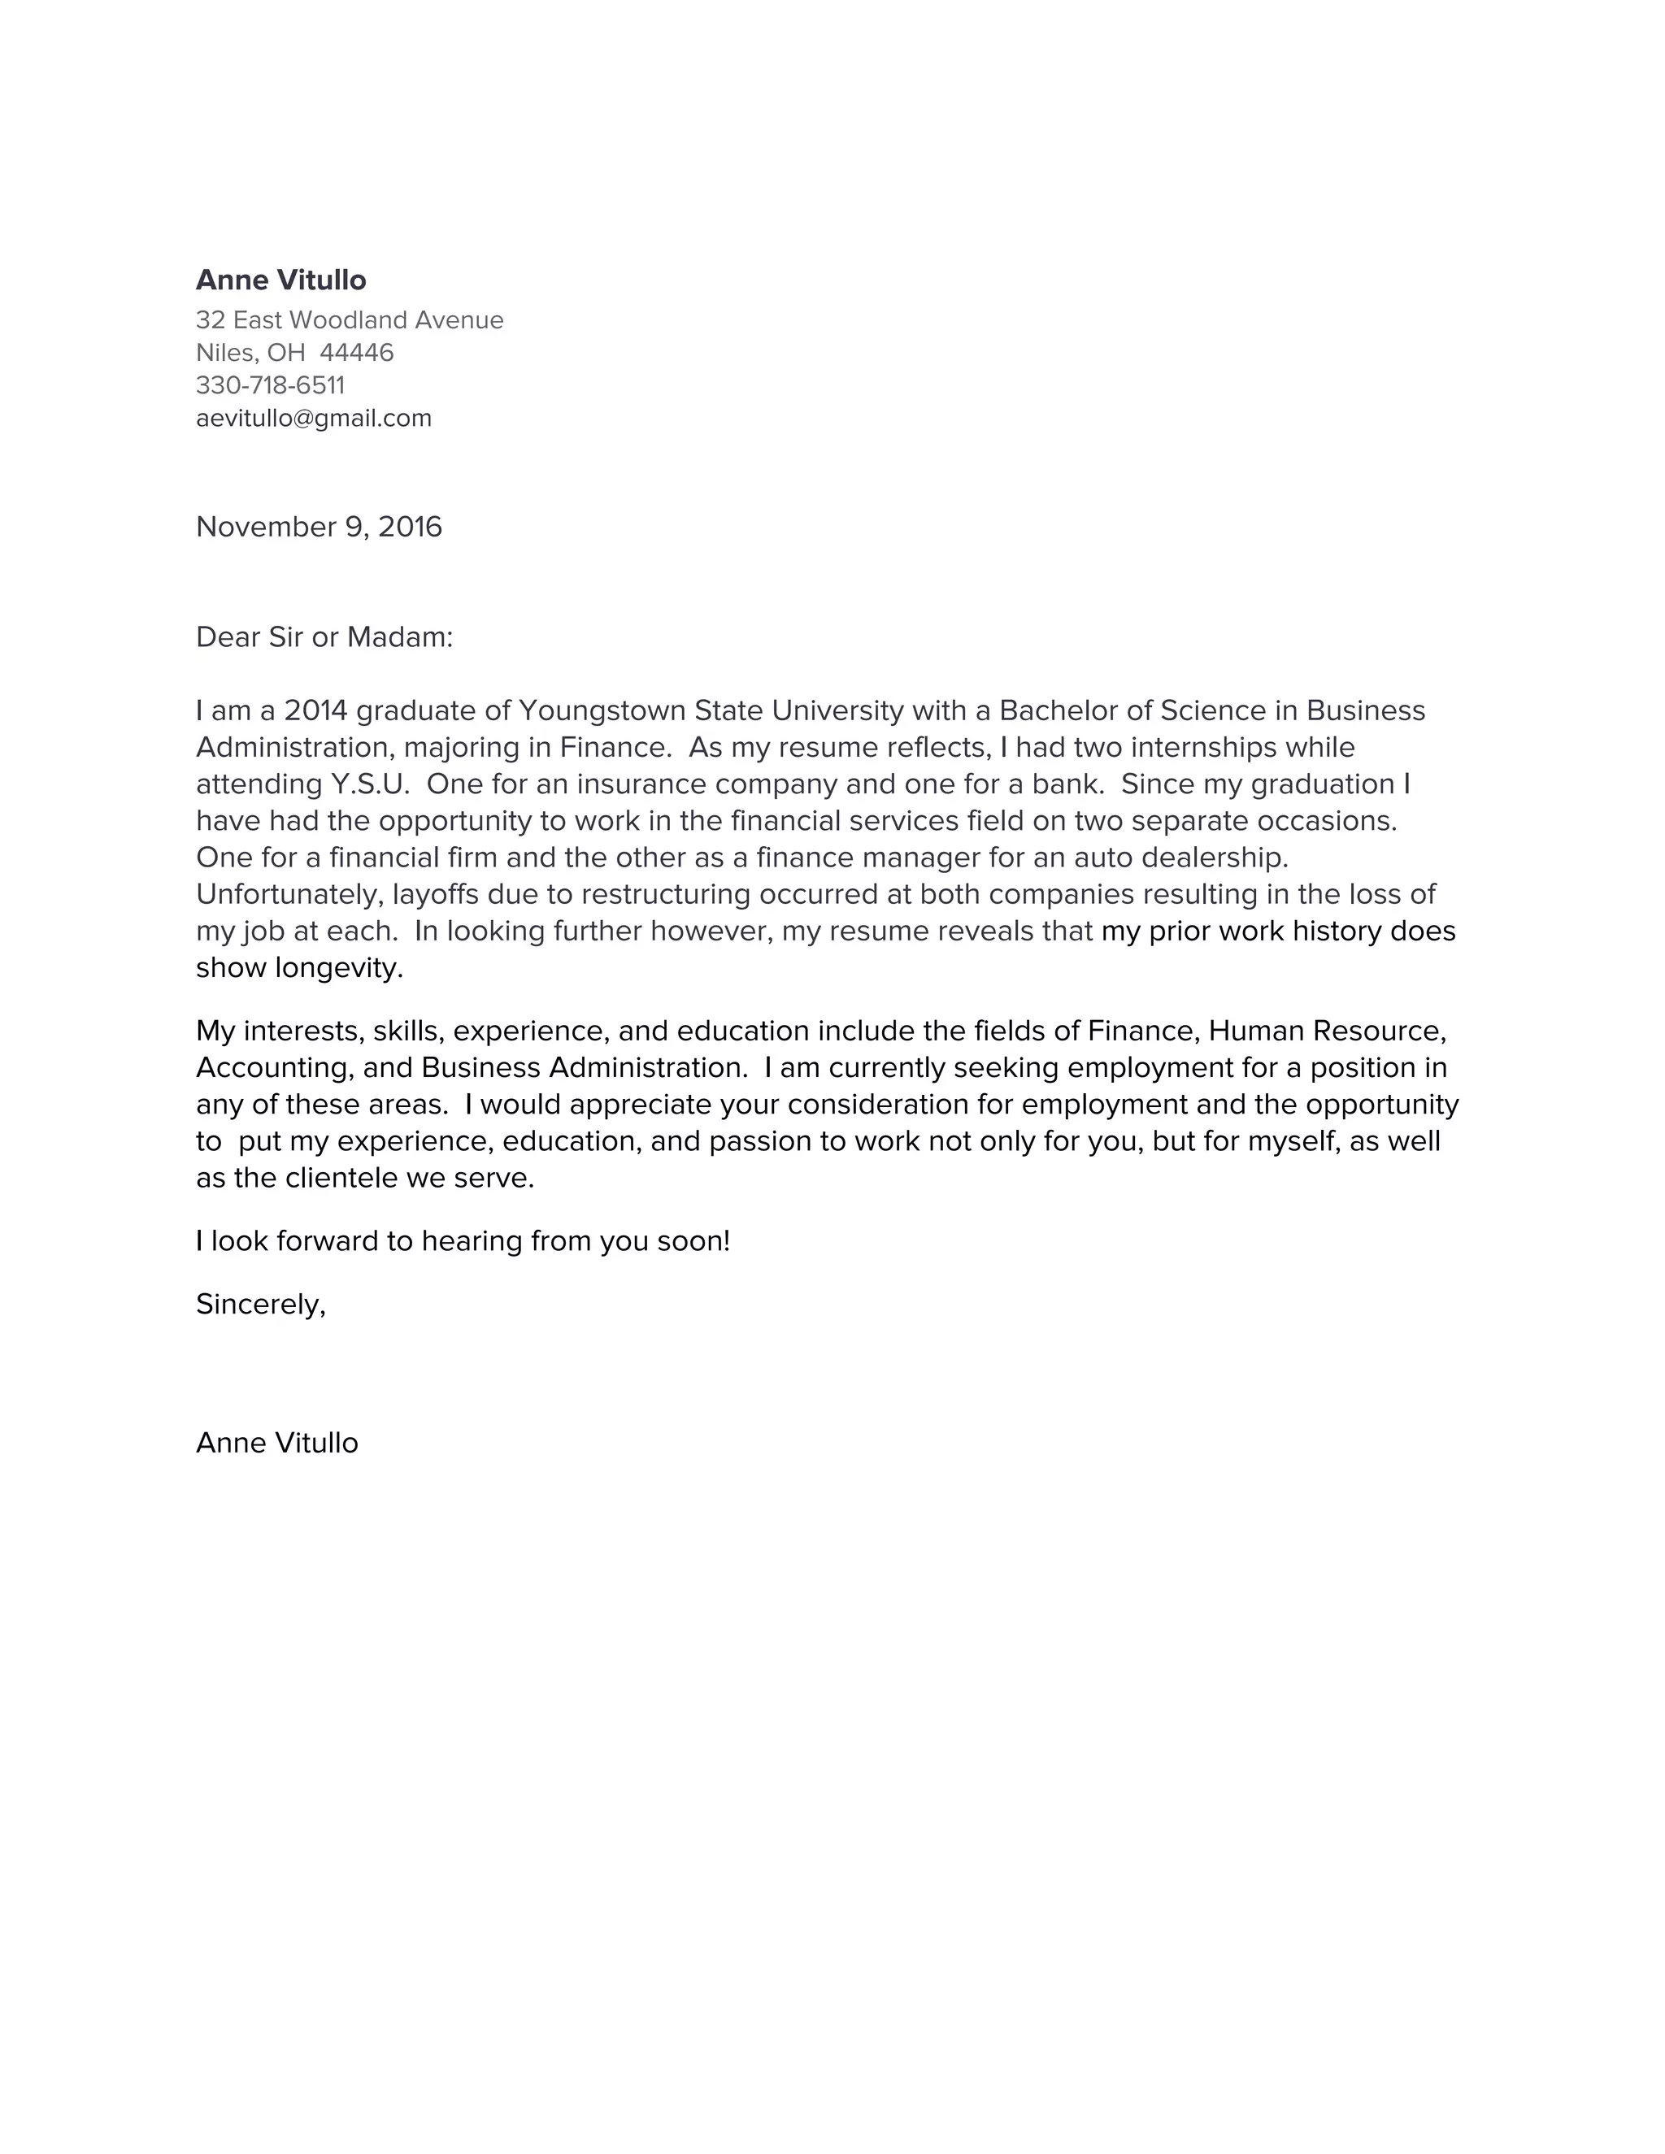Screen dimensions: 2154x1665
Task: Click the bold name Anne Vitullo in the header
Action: (x=280, y=280)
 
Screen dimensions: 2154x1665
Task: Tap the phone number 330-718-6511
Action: (x=270, y=384)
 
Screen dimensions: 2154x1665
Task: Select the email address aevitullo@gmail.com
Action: (x=314, y=418)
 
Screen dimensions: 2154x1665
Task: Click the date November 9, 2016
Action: (x=319, y=527)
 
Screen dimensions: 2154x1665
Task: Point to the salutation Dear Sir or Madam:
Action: (x=324, y=637)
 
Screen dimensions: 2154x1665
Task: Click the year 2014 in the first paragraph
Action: (x=315, y=710)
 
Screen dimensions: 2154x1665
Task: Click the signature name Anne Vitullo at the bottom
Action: (x=277, y=1443)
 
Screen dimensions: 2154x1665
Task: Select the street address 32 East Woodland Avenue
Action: (x=349, y=319)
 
